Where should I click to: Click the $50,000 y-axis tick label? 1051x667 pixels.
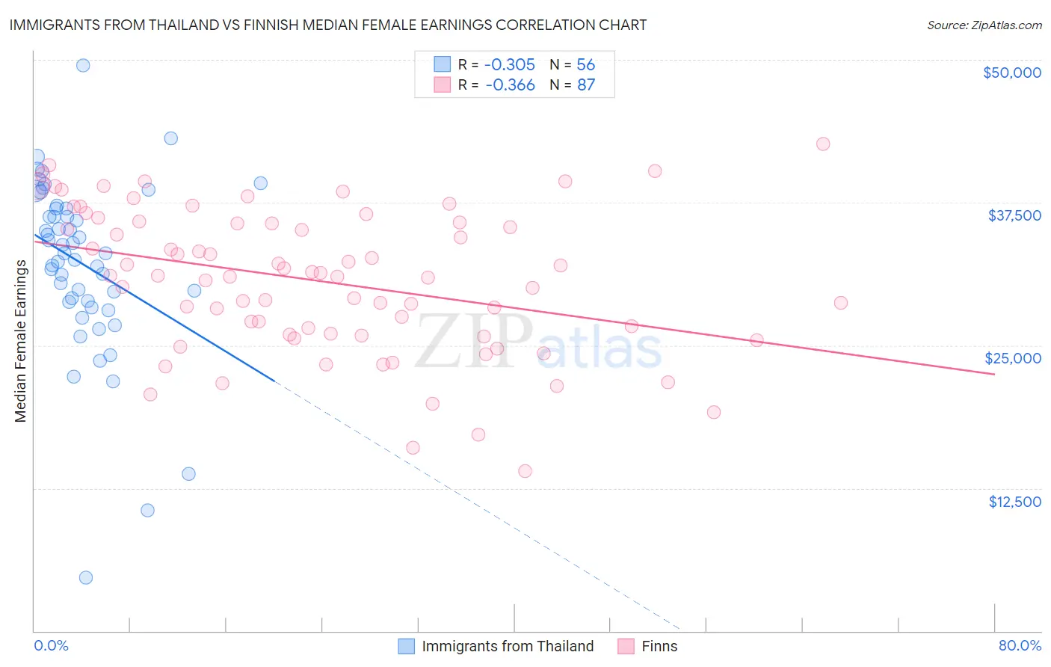1011,73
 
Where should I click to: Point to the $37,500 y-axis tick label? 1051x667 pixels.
1014,215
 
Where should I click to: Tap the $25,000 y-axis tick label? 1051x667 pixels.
1012,358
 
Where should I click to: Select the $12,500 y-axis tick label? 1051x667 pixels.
1014,502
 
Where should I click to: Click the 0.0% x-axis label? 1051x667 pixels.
51,646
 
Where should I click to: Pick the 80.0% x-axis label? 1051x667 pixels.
1020,646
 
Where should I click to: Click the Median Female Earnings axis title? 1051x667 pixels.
21,341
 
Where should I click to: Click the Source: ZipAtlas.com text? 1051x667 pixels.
984,25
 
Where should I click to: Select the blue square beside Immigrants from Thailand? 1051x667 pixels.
406,646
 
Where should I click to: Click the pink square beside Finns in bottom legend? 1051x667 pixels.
626,646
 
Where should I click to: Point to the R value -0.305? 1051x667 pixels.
510,65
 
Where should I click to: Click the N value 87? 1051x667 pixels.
586,85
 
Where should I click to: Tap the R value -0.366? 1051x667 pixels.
510,85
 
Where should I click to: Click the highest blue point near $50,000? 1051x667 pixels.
83,65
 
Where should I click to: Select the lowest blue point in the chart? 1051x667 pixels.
86,577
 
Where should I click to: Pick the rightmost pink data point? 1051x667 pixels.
841,303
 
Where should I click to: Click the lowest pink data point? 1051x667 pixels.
525,471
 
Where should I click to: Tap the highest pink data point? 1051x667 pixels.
823,144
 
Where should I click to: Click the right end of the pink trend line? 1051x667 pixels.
994,374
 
